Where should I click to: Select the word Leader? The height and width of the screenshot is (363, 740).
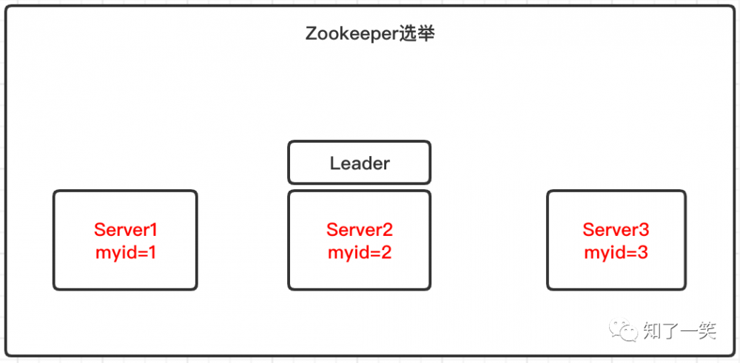point(359,163)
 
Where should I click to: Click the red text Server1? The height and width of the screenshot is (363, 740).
point(126,229)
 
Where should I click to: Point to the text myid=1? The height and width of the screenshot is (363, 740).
point(126,252)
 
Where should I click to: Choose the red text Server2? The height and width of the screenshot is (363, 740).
point(359,229)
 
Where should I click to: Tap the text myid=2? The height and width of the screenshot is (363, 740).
point(359,252)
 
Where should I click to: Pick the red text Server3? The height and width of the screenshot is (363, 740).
point(616,229)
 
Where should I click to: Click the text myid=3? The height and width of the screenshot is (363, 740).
point(616,252)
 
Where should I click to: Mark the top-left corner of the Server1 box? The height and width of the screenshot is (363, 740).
point(55,192)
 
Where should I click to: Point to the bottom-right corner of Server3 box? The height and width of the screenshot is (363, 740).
point(684,288)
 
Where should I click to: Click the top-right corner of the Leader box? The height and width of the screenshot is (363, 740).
point(428,143)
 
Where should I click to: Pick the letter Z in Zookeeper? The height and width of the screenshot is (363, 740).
point(311,34)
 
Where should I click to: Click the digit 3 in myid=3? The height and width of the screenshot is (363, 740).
point(642,252)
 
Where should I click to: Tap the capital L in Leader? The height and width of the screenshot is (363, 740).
point(334,163)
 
